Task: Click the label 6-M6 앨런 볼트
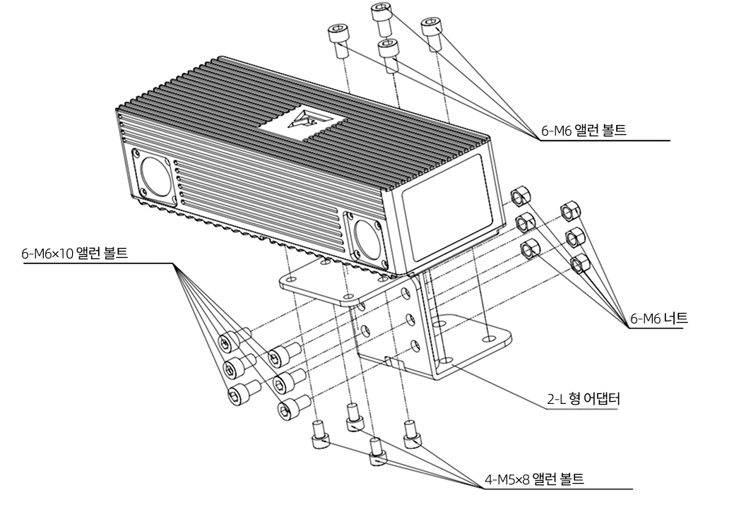[584, 131]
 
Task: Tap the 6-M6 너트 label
[658, 319]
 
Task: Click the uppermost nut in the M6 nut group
[521, 196]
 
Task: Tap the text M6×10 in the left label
[55, 253]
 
